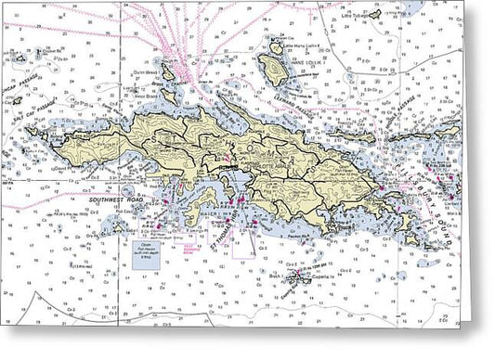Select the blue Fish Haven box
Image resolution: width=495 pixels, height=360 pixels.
(x=145, y=259)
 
